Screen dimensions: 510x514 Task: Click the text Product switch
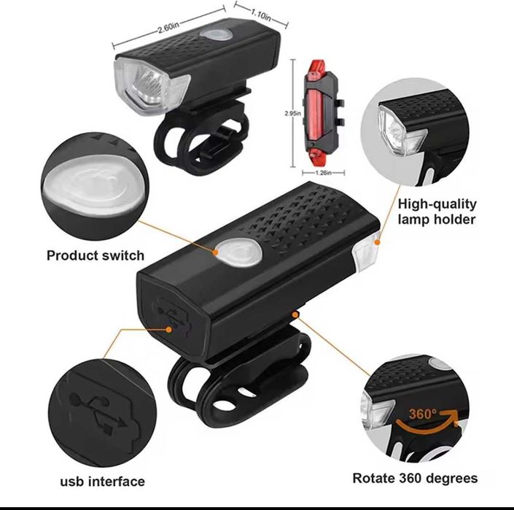[96, 255]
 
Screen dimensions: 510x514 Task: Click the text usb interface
[102, 481]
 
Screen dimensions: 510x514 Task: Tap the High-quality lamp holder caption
[437, 212]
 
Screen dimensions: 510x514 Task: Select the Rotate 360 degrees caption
[415, 479]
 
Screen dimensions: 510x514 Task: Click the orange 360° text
[422, 414]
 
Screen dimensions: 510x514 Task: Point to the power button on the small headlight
[217, 36]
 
